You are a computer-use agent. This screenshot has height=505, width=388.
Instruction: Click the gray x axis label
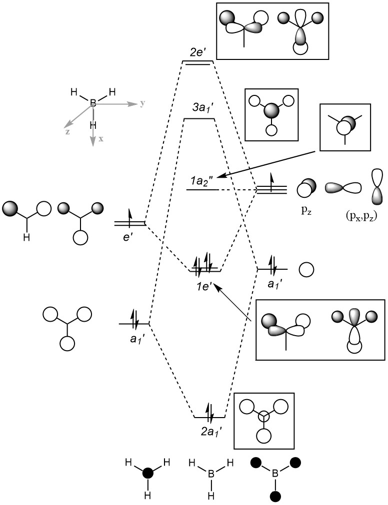point(100,139)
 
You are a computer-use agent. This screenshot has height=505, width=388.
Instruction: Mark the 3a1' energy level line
point(199,119)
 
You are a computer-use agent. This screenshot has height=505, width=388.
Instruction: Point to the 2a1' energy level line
point(209,417)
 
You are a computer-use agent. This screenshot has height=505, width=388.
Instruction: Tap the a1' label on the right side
point(272,284)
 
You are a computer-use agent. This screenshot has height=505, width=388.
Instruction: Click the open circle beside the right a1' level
point(306,270)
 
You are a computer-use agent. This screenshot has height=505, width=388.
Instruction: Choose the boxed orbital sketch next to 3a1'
point(271,114)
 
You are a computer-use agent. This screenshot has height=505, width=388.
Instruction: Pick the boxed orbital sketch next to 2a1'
point(264,418)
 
